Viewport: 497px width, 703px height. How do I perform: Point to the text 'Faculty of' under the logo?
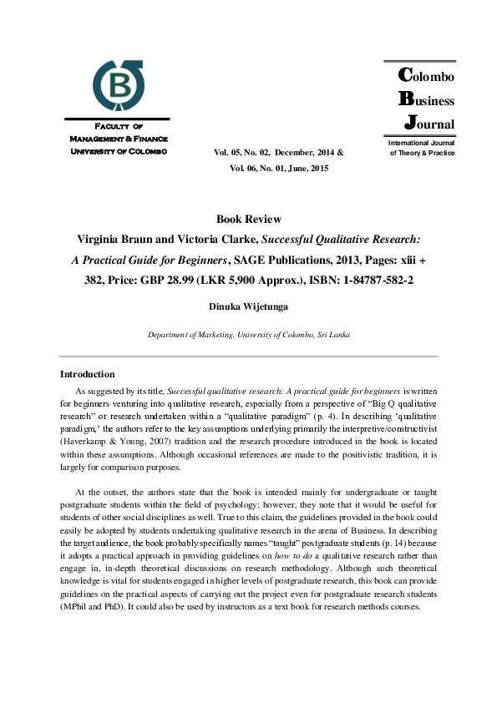(x=119, y=126)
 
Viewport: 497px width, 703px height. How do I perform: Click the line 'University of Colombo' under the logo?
(x=119, y=151)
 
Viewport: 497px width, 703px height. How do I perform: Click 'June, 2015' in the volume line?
(x=307, y=168)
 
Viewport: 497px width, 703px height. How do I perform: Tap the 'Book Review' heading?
(x=249, y=220)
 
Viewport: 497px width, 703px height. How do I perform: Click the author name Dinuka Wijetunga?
(x=249, y=306)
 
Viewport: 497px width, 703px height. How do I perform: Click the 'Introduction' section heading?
(x=88, y=374)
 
